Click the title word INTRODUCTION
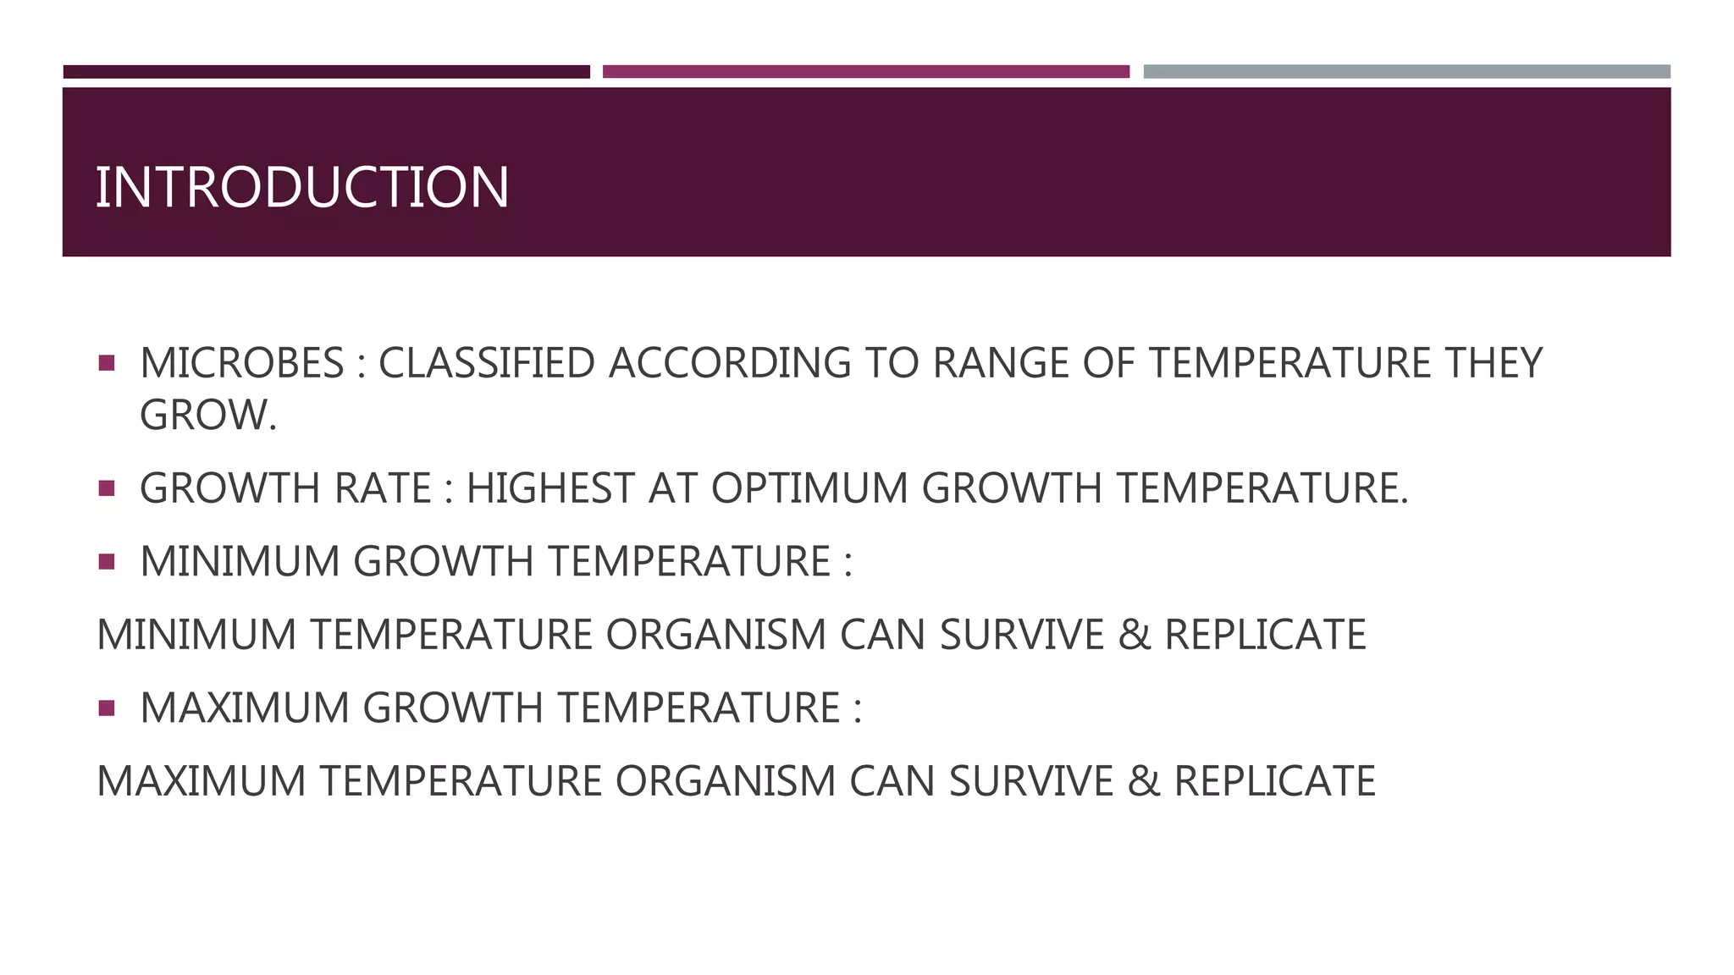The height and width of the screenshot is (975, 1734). point(302,187)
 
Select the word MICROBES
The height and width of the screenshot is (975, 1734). point(242,363)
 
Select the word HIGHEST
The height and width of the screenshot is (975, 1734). point(551,488)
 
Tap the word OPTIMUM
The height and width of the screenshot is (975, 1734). point(809,488)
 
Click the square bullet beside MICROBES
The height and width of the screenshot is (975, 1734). point(106,363)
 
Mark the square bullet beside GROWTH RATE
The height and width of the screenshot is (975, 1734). point(106,488)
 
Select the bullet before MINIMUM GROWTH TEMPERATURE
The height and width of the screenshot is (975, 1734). point(106,561)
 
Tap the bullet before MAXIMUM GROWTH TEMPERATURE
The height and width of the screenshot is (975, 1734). point(106,708)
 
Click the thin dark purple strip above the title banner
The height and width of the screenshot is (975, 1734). point(326,72)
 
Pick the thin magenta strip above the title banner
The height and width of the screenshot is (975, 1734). point(865,72)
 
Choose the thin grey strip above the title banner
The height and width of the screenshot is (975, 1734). point(1406,72)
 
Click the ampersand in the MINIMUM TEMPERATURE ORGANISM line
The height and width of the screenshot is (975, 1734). point(1135,635)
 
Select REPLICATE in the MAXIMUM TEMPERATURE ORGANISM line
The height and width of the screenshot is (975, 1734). point(1274,781)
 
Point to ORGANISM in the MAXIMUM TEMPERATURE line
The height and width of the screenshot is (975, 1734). point(726,781)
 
